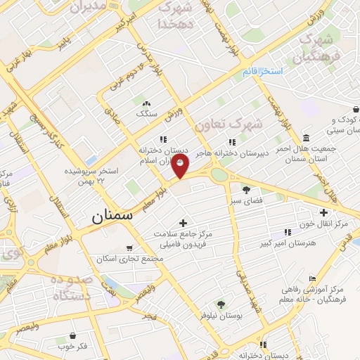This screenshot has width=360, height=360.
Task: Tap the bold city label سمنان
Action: [x=112, y=217]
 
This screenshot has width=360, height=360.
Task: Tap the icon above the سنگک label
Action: [x=147, y=103]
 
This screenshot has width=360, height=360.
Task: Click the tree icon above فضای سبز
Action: [x=246, y=189]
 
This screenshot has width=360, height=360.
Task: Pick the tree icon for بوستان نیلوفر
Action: [x=221, y=304]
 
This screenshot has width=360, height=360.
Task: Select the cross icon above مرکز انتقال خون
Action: [x=323, y=212]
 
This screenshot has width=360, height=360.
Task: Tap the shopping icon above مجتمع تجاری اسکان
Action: [x=129, y=248]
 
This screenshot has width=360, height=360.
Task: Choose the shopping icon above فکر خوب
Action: [x=73, y=337]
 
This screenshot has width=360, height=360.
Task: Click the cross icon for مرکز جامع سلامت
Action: [x=184, y=223]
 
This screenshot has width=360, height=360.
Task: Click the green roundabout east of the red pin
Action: [x=219, y=174]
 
